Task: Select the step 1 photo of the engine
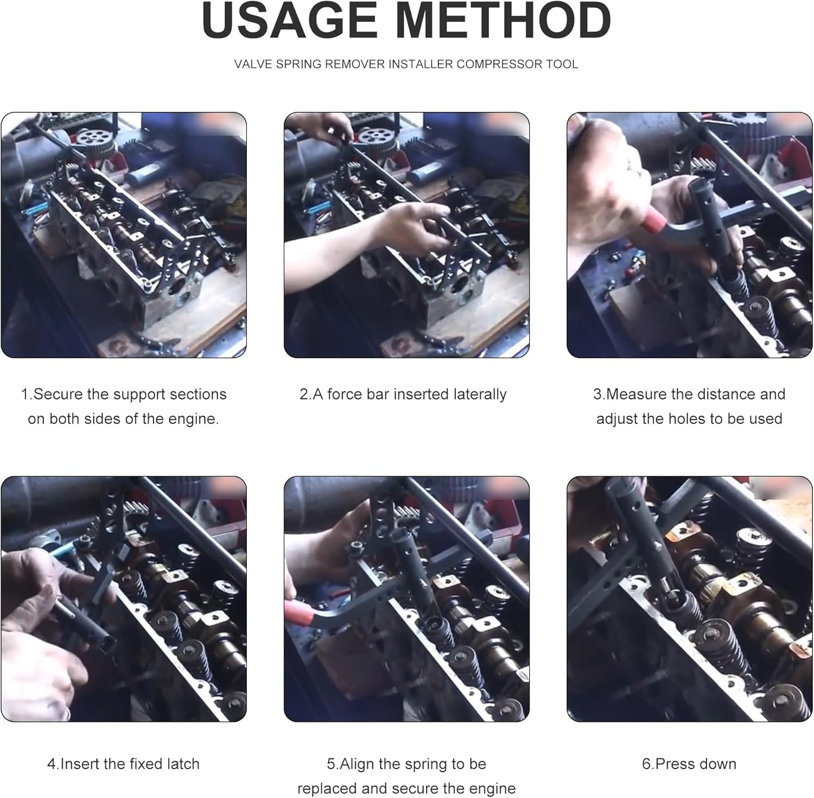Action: [124, 235]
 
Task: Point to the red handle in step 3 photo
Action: [653, 220]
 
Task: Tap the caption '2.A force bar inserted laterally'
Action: [403, 394]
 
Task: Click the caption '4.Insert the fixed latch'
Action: [123, 764]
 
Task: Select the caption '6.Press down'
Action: [689, 764]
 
